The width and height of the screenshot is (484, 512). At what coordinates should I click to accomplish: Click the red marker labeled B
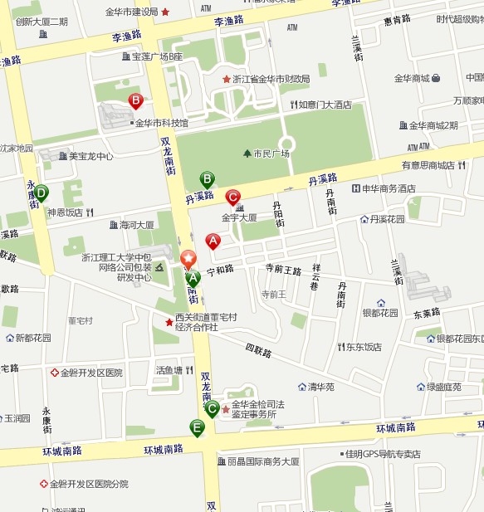click(x=135, y=100)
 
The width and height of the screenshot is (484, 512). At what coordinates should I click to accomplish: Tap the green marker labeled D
click(x=41, y=193)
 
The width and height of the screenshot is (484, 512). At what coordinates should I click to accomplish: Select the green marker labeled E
click(x=197, y=427)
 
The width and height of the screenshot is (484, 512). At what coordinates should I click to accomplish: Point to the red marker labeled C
click(x=232, y=197)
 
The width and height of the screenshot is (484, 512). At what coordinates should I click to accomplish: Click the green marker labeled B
click(x=207, y=178)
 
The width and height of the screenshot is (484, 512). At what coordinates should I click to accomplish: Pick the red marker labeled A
click(x=213, y=241)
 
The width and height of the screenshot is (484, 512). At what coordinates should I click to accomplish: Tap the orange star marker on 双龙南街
click(x=188, y=259)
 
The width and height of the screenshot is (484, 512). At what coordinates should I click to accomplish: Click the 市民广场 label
click(x=271, y=154)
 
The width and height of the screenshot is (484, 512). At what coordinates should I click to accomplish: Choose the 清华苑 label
click(x=320, y=387)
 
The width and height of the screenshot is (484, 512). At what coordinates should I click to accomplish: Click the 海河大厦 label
click(x=137, y=224)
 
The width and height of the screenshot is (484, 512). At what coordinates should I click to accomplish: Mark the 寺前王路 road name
click(x=282, y=269)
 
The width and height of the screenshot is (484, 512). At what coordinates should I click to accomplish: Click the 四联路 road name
click(x=258, y=352)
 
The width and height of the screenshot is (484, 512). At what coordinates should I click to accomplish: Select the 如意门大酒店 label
click(x=325, y=105)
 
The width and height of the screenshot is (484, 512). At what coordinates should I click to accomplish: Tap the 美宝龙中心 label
click(x=90, y=156)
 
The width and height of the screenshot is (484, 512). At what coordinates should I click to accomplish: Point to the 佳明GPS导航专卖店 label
click(x=383, y=454)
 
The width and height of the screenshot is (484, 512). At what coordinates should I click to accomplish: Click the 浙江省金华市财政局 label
click(x=271, y=79)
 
